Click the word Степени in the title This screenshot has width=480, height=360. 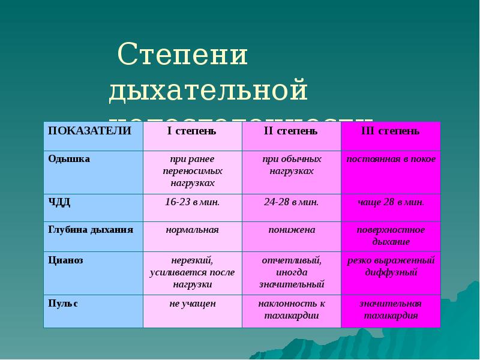pos(183,56)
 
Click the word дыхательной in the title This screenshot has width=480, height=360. pos(208,90)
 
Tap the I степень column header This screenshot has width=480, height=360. pos(192,131)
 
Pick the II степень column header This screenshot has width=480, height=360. pos(291,131)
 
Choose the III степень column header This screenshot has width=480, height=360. pos(391,131)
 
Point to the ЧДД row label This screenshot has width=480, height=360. pos(59,202)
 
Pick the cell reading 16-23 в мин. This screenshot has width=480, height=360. pos(192,202)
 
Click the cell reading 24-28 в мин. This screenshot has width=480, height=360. pos(291,202)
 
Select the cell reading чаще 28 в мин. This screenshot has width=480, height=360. pos(391,202)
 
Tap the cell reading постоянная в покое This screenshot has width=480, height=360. pos(391,159)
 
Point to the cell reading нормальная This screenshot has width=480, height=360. pos(192,230)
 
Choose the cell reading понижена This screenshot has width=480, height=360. pos(291,230)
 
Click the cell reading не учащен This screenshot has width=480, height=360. pos(192,304)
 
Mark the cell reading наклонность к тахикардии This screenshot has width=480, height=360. pos(291,310)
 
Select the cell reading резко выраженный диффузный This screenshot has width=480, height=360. pos(391,266)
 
